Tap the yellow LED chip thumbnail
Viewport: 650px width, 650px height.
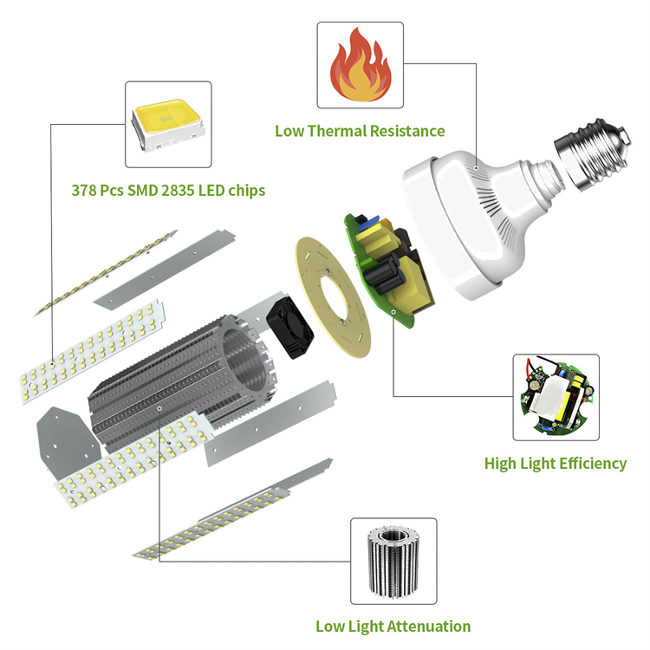coord(168,124)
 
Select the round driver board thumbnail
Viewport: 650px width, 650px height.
coord(556,397)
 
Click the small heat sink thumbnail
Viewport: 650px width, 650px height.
coord(393,560)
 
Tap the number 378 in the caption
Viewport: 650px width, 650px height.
coord(84,191)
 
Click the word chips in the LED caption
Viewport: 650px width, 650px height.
coord(247,191)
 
